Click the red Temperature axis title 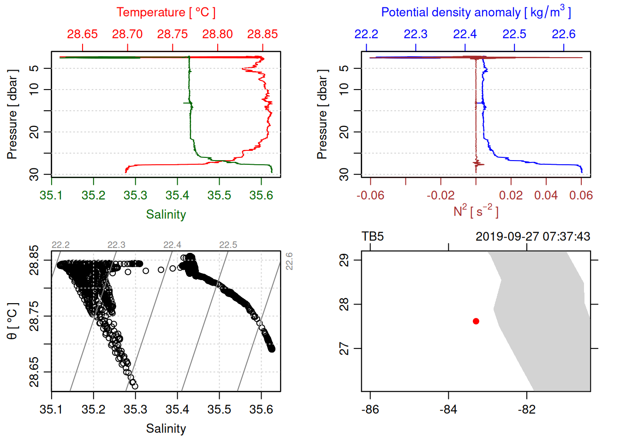tap(166, 12)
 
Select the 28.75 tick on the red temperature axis tap(173, 34)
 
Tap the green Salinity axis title tap(166, 215)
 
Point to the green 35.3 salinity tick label tap(135, 195)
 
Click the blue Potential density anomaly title tap(476, 12)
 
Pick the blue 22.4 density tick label tap(465, 34)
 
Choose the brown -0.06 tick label tap(370, 195)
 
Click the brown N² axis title tap(476, 211)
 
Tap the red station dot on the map tap(476, 321)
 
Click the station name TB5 tap(373, 237)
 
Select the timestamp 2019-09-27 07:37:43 tap(533, 237)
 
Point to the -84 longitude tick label tap(448, 409)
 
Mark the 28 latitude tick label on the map tap(344, 305)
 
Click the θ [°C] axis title tap(12, 321)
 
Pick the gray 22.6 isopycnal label tap(289, 261)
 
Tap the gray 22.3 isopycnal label tap(116, 245)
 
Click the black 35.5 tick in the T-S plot tap(219, 409)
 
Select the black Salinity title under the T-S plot tap(166, 429)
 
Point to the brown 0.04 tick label tap(546, 195)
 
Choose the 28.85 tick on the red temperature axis tap(262, 34)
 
